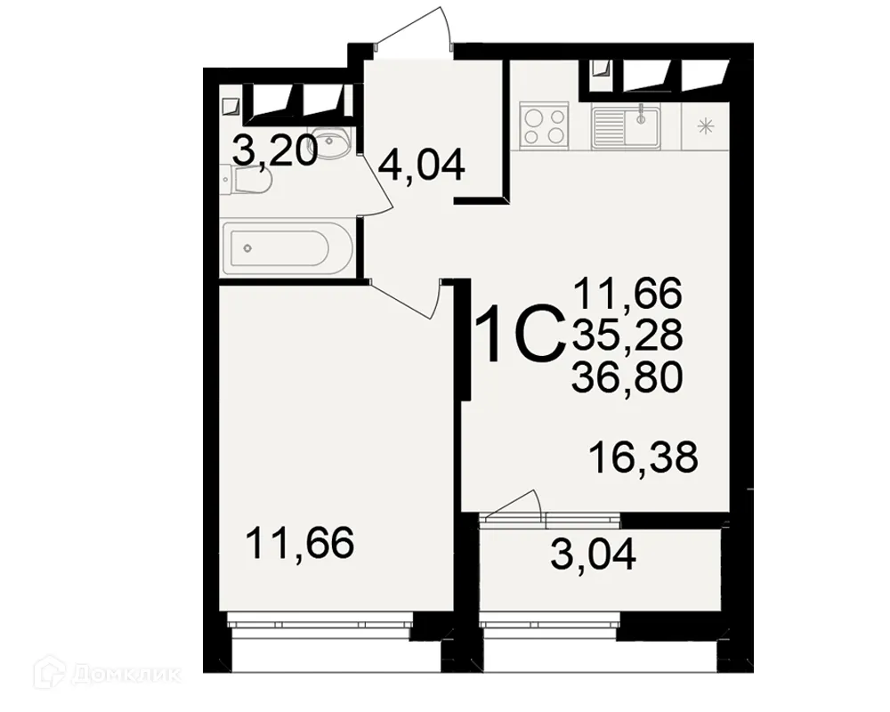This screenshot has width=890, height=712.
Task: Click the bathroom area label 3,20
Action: (274, 152)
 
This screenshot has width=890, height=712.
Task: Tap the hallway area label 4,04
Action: (421, 165)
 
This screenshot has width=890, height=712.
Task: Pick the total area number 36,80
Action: (628, 377)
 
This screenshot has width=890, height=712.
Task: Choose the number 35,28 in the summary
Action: (628, 335)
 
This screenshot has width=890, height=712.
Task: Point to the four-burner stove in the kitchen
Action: (545, 125)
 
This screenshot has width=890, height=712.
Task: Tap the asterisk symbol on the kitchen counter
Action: (708, 126)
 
